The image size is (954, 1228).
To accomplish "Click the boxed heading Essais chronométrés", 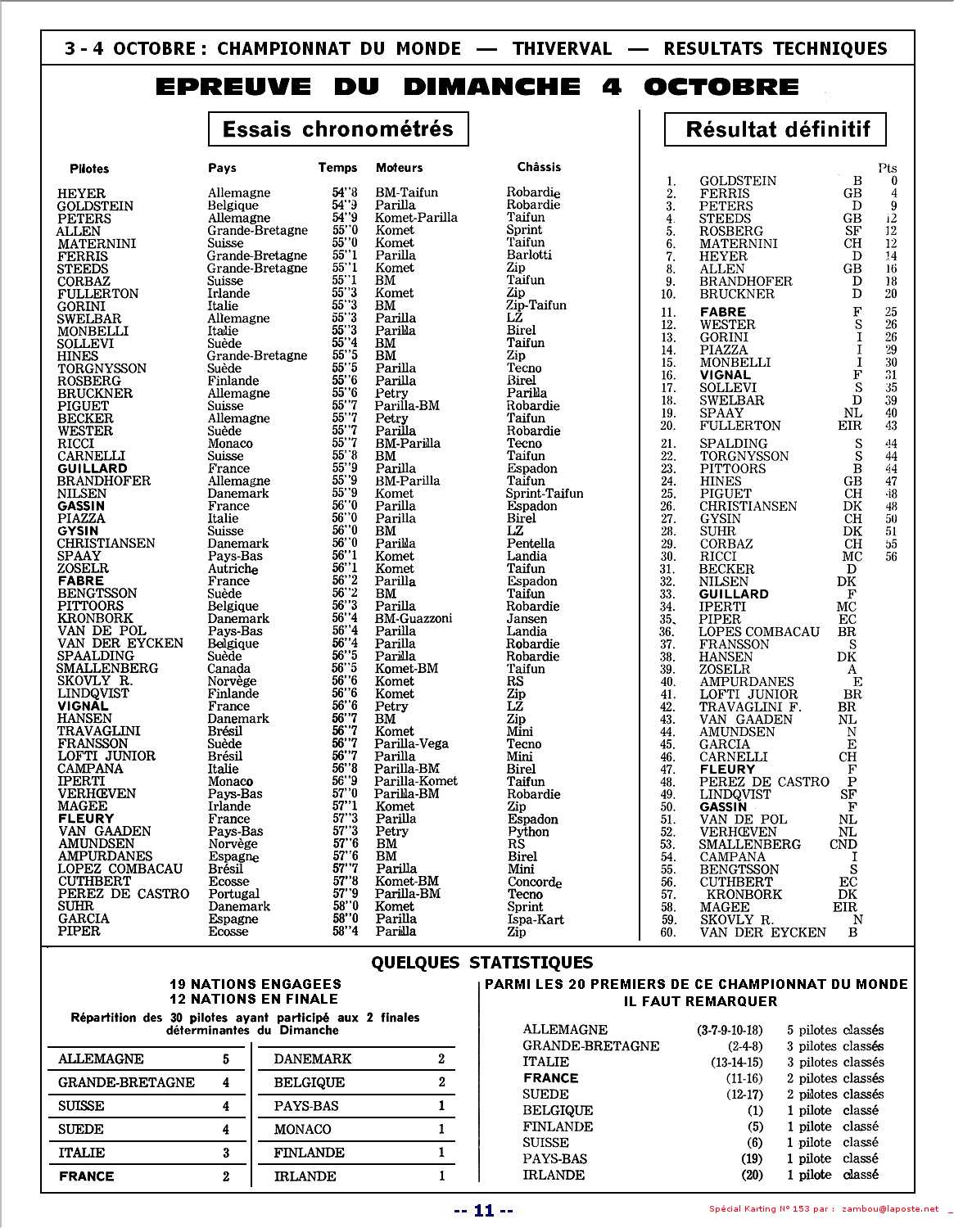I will click(x=337, y=129).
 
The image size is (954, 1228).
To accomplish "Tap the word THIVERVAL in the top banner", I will click(x=562, y=48).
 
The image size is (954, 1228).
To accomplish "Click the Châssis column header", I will click(x=539, y=167).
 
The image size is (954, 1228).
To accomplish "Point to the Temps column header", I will click(x=337, y=168).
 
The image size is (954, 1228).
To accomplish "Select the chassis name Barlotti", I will click(x=529, y=255).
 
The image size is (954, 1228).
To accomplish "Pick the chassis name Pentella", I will click(x=531, y=544).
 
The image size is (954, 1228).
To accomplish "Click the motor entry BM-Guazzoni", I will click(x=413, y=619).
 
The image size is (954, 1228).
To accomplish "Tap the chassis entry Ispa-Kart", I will click(x=536, y=919).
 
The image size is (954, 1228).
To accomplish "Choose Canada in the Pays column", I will click(x=228, y=669).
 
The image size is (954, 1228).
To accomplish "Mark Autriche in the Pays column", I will click(x=233, y=569).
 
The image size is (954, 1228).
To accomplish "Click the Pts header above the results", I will click(x=887, y=168).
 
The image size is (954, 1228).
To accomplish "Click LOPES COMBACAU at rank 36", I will click(x=759, y=632).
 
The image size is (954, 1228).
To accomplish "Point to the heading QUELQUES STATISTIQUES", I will click(x=482, y=963).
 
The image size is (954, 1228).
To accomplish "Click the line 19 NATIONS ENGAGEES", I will click(x=255, y=984).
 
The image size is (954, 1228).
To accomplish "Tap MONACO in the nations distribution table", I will click(x=302, y=1130).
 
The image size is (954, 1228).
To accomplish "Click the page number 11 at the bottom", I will click(x=484, y=1211).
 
